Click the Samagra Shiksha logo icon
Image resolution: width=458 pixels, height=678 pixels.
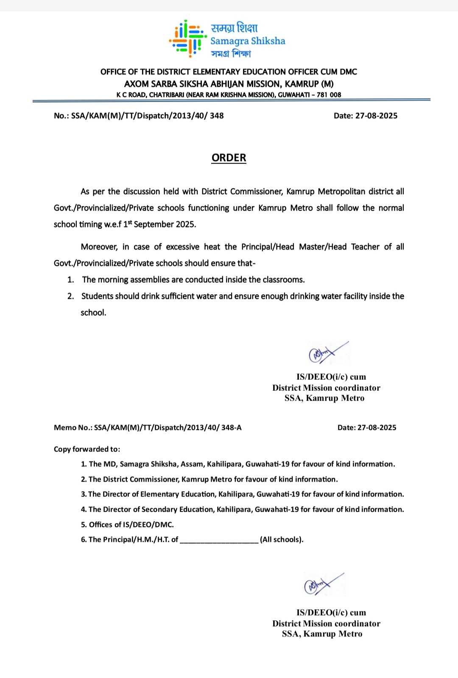coord(187,39)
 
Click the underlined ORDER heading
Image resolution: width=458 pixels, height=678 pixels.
coord(229,158)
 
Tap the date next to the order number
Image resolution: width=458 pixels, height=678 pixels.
coord(376,116)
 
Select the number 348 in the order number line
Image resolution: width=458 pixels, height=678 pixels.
coord(217,116)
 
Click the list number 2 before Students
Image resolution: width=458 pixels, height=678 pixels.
coord(70,296)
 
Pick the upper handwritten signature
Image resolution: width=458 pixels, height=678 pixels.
coord(327,352)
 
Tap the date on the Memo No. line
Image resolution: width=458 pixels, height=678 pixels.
coord(377,427)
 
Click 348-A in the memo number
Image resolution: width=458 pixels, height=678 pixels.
coord(231,427)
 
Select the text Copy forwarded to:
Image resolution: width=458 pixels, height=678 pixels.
coord(87,449)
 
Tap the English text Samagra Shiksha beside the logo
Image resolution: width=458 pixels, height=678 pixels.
coord(248,41)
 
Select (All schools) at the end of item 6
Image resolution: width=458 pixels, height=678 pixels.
coord(282,539)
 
